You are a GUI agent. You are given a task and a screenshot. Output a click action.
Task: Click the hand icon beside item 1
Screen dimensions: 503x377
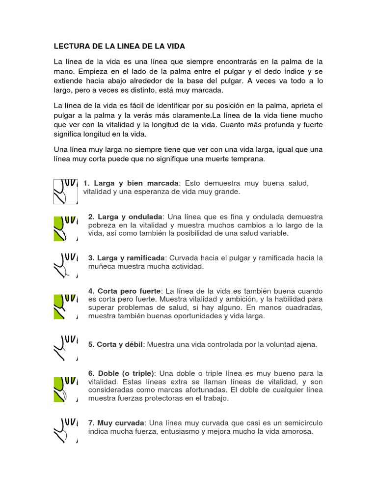65,191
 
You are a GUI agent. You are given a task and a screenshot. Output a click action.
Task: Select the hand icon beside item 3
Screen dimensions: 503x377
65,266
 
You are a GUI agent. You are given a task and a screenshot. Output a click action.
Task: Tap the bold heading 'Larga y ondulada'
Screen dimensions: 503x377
126,217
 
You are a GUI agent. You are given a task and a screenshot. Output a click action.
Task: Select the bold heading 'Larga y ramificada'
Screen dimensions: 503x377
128,258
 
